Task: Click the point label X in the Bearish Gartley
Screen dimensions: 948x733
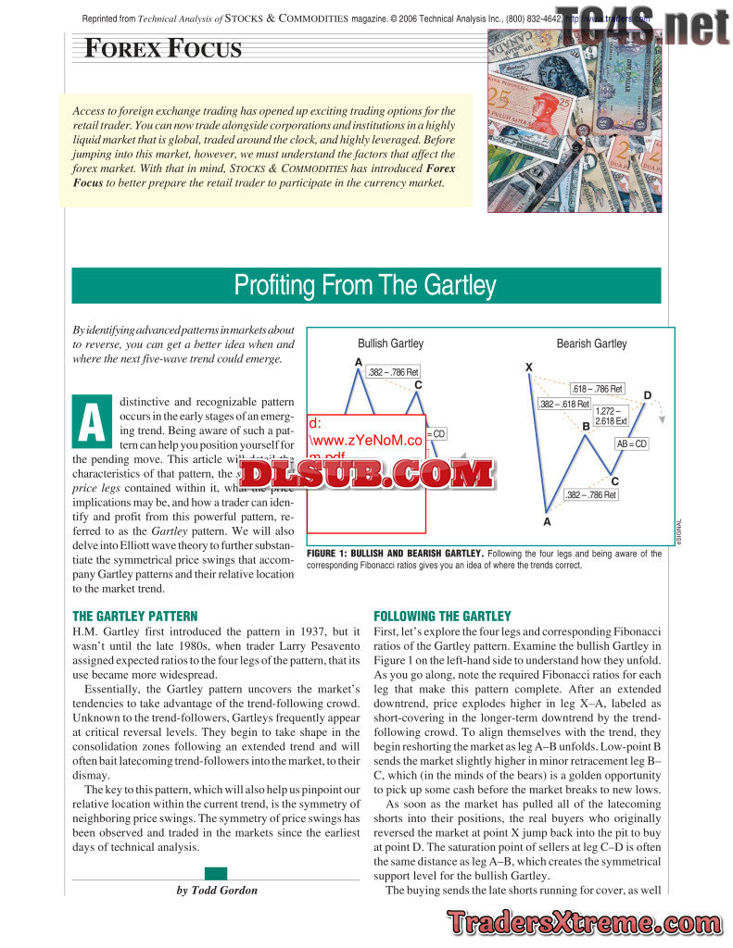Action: (529, 368)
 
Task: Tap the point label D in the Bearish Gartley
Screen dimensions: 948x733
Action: (647, 396)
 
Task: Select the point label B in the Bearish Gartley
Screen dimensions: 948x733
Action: (586, 426)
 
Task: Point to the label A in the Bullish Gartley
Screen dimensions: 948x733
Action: (358, 362)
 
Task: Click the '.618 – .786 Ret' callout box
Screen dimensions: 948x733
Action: (597, 389)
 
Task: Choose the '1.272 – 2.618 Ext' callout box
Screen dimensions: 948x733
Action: (612, 416)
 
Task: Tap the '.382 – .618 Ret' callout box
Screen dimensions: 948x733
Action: (563, 405)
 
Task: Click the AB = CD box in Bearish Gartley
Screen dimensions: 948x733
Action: (632, 444)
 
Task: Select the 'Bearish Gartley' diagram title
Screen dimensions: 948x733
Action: (591, 343)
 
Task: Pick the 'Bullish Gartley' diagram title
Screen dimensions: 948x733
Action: (390, 343)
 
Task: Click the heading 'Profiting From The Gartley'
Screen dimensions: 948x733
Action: (365, 285)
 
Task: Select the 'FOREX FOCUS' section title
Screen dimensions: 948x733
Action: (163, 48)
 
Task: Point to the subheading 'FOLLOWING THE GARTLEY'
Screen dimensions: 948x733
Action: (441, 616)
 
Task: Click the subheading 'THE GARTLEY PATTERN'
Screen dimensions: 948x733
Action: (134, 616)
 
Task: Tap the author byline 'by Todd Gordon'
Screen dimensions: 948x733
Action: (216, 890)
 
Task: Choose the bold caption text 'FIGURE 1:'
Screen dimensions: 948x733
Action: (328, 554)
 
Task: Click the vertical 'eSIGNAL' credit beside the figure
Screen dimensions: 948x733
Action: (677, 537)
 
